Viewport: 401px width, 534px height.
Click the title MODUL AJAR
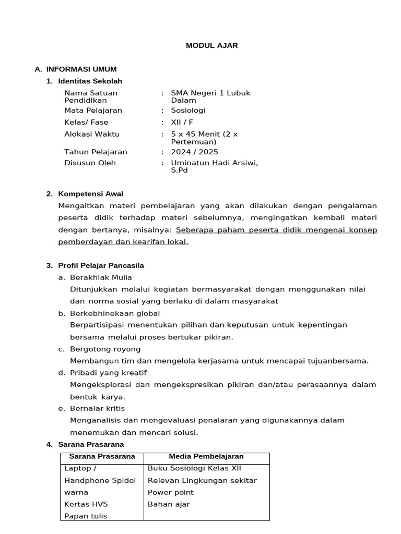(x=212, y=45)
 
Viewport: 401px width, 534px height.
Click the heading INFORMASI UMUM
(x=81, y=69)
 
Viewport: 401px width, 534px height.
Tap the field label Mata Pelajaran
(x=93, y=110)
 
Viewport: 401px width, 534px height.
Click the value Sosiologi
(x=188, y=110)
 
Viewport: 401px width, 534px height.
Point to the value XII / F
(x=182, y=122)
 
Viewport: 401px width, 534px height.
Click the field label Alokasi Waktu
(x=92, y=134)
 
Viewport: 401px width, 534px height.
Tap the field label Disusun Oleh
(x=90, y=163)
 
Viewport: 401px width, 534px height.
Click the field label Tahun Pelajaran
(x=96, y=152)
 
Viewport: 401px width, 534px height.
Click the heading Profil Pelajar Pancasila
(x=101, y=265)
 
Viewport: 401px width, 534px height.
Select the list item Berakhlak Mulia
(x=101, y=277)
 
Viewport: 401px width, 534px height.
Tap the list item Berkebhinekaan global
(x=115, y=313)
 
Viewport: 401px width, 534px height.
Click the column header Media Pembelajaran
(x=206, y=456)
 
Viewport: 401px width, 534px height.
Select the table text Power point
(x=171, y=492)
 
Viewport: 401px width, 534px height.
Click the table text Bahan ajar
(x=169, y=504)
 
